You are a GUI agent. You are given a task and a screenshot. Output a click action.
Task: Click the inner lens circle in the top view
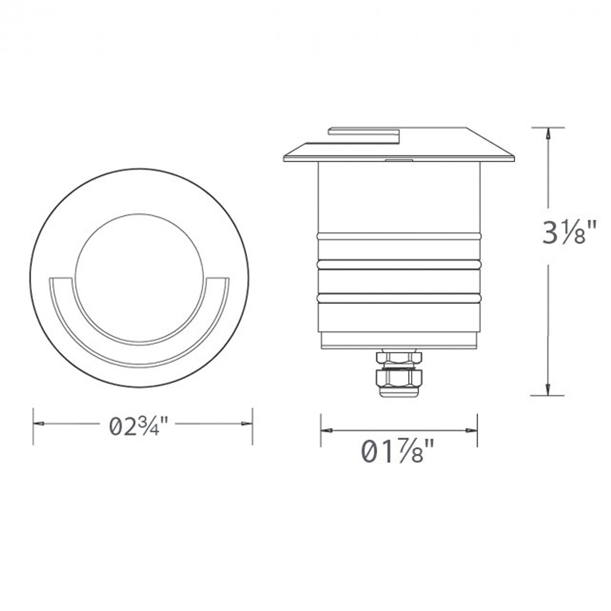pos(139,278)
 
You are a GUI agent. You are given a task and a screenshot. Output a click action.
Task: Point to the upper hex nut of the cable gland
pos(399,358)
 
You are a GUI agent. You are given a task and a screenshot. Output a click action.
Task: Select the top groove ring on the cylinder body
pos(399,236)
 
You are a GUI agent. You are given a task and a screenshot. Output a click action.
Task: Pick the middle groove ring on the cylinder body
pos(399,264)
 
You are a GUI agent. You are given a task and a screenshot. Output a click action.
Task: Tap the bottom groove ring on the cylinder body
pos(399,298)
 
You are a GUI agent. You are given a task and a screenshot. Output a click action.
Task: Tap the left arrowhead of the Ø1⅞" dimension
pos(326,430)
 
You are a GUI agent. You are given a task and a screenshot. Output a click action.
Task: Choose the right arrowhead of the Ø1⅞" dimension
pos(472,430)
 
